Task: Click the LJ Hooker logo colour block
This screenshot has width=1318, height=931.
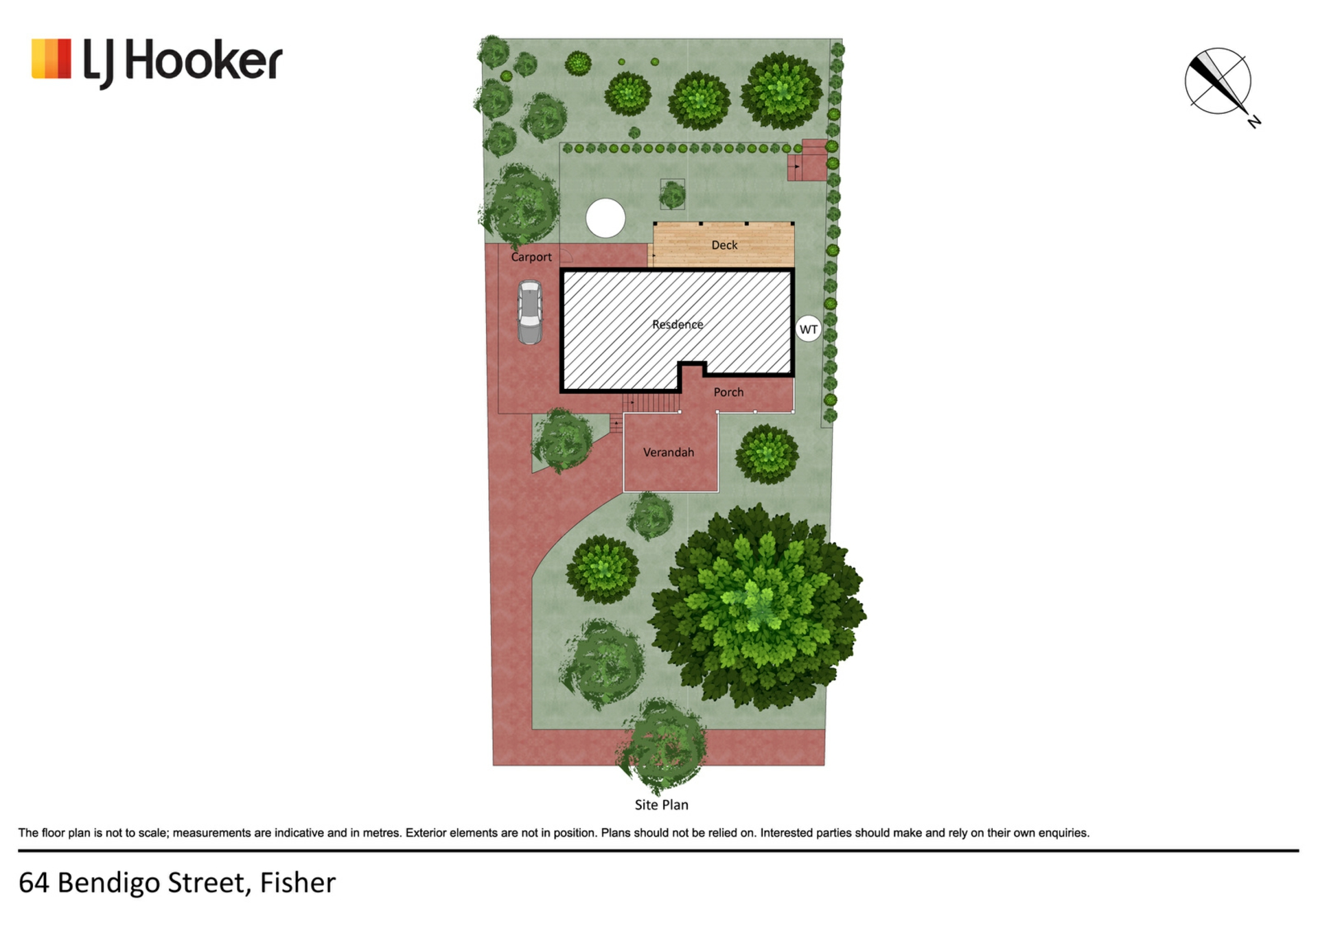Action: pyautogui.click(x=51, y=58)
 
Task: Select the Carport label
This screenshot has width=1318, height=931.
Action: pyautogui.click(x=531, y=257)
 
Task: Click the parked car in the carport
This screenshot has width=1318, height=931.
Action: pyautogui.click(x=530, y=312)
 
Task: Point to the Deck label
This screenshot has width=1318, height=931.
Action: pyautogui.click(x=724, y=245)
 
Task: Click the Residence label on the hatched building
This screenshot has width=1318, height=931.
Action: pyautogui.click(x=678, y=325)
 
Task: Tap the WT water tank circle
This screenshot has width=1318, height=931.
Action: pyautogui.click(x=809, y=329)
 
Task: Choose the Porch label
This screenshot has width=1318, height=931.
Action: pyautogui.click(x=728, y=392)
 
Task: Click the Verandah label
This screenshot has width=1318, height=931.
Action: pyautogui.click(x=669, y=452)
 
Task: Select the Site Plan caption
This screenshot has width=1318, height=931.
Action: pyautogui.click(x=661, y=805)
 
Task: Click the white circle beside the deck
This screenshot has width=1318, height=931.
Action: pyautogui.click(x=605, y=218)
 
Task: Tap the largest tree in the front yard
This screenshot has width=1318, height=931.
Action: pyautogui.click(x=756, y=607)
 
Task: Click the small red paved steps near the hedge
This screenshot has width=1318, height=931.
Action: pyautogui.click(x=807, y=161)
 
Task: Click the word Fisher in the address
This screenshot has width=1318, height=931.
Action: pyautogui.click(x=298, y=882)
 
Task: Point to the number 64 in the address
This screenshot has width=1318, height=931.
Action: pyautogui.click(x=34, y=883)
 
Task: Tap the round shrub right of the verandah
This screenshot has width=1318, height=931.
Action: pyautogui.click(x=767, y=454)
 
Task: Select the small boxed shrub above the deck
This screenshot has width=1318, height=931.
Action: pyautogui.click(x=672, y=194)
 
